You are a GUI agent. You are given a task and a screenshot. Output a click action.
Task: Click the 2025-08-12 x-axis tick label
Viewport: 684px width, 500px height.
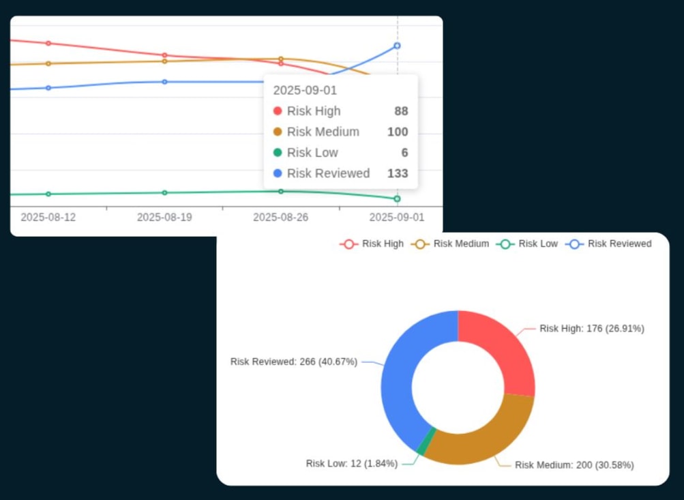click(48, 218)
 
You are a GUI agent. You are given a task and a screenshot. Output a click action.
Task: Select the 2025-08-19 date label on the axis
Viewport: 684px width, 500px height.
click(164, 218)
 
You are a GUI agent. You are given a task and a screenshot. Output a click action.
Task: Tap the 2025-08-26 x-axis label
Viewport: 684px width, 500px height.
click(280, 218)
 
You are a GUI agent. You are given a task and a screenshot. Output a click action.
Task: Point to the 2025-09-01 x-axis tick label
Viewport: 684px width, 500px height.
click(396, 218)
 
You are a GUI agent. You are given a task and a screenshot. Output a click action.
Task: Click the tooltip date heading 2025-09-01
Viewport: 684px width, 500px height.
click(305, 90)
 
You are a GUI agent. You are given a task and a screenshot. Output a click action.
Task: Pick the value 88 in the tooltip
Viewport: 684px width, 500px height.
click(401, 111)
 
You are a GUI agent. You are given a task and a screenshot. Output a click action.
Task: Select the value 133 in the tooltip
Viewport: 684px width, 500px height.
click(398, 173)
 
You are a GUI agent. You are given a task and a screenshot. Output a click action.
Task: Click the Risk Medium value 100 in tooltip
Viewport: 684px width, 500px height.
click(398, 132)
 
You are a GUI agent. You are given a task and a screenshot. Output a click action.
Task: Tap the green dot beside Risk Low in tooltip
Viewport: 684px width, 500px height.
click(278, 153)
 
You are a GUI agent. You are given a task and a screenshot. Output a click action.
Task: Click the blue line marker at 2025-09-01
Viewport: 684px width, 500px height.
click(397, 46)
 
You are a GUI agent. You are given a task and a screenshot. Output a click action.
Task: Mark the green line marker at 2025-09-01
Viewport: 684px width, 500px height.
click(397, 198)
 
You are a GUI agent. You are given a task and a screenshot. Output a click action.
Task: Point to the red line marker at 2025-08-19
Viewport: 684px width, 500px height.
click(164, 55)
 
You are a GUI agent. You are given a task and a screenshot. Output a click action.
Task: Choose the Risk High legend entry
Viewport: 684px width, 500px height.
click(372, 244)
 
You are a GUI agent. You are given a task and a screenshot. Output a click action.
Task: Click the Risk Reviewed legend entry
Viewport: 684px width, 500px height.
click(608, 244)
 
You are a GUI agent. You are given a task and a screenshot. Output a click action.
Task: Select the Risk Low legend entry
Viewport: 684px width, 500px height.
click(528, 244)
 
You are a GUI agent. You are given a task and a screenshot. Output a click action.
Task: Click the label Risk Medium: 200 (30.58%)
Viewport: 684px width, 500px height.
click(574, 465)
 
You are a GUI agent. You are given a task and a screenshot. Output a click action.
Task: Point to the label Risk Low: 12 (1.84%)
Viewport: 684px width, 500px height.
click(351, 464)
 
